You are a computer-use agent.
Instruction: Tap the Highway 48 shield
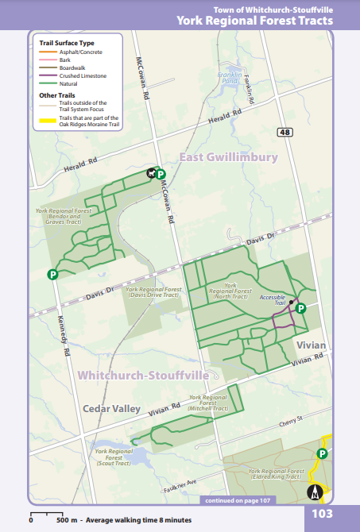pyautogui.click(x=285, y=132)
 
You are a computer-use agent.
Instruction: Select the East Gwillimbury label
pyautogui.click(x=228, y=157)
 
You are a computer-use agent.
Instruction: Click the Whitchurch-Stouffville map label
pyautogui.click(x=143, y=374)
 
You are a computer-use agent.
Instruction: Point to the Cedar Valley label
pyautogui.click(x=111, y=409)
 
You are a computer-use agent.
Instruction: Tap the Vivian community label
pyautogui.click(x=311, y=346)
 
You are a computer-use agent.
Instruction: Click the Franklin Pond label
pyautogui.click(x=230, y=79)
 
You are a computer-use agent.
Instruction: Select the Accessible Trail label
pyautogui.click(x=273, y=300)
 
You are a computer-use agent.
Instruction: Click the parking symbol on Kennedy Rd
pyautogui.click(x=52, y=275)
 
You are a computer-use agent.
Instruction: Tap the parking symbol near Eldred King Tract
pyautogui.click(x=323, y=453)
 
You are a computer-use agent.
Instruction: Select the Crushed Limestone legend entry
pyautogui.click(x=83, y=75)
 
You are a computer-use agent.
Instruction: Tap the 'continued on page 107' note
pyautogui.click(x=238, y=501)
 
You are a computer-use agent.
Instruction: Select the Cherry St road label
pyautogui.click(x=291, y=418)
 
